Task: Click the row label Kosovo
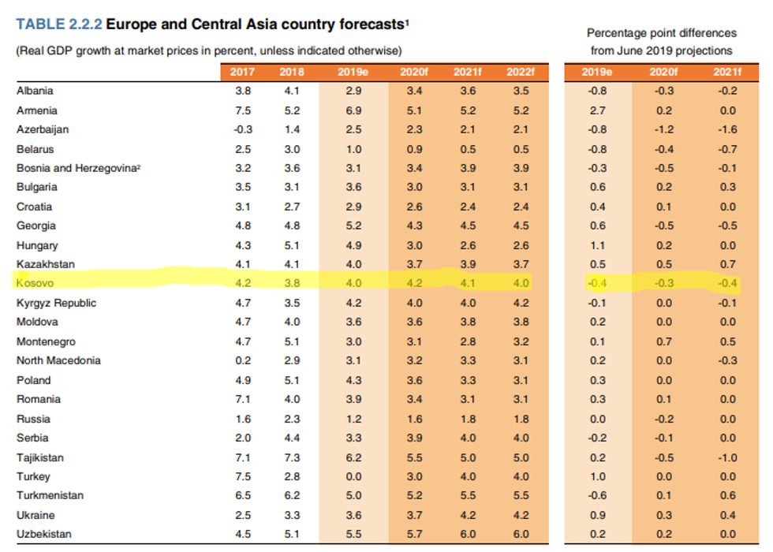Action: click(x=34, y=283)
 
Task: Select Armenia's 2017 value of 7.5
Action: click(x=243, y=110)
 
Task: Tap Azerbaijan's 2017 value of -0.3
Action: click(x=243, y=129)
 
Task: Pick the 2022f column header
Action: click(x=521, y=72)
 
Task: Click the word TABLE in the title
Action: click(x=38, y=24)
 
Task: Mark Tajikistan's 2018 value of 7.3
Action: click(x=291, y=457)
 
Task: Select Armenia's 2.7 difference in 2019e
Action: click(x=597, y=110)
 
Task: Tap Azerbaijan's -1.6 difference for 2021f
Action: click(x=728, y=129)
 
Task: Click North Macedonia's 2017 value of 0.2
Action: click(x=243, y=360)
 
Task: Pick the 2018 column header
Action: click(x=291, y=72)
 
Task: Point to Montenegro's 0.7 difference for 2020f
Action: click(x=663, y=341)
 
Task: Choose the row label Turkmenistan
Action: click(x=49, y=495)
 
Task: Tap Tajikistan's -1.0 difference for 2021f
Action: click(x=728, y=457)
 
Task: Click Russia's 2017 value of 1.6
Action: click(x=243, y=419)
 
